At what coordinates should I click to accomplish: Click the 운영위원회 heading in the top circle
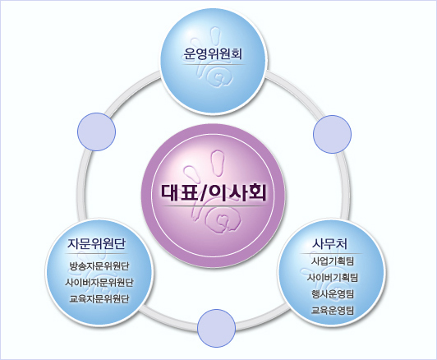213,53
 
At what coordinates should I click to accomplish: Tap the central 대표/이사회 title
214,192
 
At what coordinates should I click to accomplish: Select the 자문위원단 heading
96,243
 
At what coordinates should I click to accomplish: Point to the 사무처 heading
330,243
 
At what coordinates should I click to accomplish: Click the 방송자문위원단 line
99,265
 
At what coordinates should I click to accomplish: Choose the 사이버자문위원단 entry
99,282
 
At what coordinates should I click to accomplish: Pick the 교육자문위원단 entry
99,298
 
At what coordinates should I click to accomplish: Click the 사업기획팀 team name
332,261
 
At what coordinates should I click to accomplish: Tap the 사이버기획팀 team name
332,277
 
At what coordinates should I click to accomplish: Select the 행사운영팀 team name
332,293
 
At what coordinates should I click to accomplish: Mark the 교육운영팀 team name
332,310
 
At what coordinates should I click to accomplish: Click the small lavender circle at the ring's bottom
216,328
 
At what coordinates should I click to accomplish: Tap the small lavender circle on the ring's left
96,132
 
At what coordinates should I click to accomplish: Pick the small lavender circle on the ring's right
332,134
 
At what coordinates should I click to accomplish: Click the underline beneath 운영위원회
214,65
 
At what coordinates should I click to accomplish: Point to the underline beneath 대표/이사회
214,206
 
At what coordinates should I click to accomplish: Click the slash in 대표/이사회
203,193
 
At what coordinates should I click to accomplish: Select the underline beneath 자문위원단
96,253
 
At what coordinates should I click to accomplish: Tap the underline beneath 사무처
331,253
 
